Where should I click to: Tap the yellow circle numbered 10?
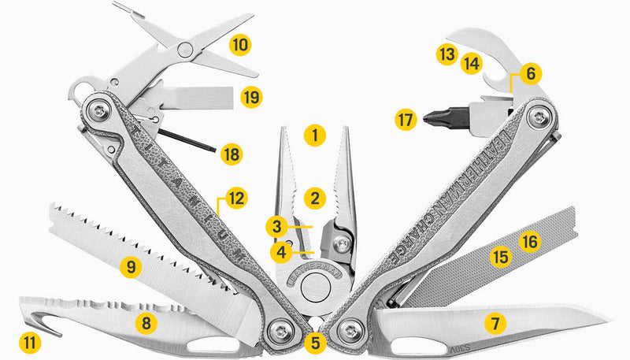pyautogui.click(x=240, y=43)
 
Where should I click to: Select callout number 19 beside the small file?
pyautogui.click(x=251, y=97)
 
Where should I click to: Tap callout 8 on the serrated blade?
pyautogui.click(x=146, y=322)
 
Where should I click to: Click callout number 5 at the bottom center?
pyautogui.click(x=315, y=343)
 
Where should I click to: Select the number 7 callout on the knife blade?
pyautogui.click(x=494, y=322)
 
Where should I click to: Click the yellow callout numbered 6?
pyautogui.click(x=529, y=74)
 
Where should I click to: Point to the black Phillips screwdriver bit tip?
pyautogui.click(x=432, y=121)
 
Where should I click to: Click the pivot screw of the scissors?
pyautogui.click(x=186, y=50)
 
